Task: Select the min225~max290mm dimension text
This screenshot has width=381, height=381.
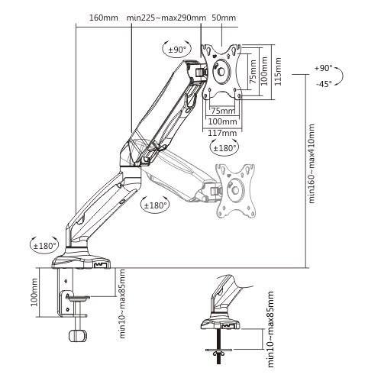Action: pyautogui.click(x=166, y=18)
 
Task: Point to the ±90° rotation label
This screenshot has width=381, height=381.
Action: pyautogui.click(x=178, y=49)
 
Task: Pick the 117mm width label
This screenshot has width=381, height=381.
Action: pyautogui.click(x=222, y=131)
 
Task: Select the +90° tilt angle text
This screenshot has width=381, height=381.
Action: pyautogui.click(x=324, y=68)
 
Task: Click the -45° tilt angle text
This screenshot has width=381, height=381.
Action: pyautogui.click(x=324, y=83)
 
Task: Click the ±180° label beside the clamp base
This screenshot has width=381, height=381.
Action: pyautogui.click(x=45, y=246)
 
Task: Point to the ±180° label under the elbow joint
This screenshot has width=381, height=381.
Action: pyautogui.click(x=155, y=204)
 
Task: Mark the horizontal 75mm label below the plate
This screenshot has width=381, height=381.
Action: pyautogui.click(x=221, y=111)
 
